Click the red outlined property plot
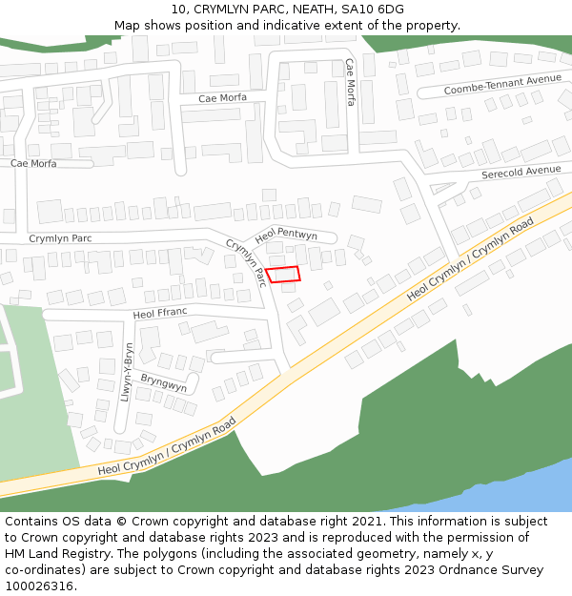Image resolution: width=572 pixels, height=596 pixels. coord(282,275)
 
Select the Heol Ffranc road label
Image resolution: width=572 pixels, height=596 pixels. coord(160,313)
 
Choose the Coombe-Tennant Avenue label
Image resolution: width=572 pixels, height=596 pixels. coord(502,85)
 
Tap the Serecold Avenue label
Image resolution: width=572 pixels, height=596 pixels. coord(521,172)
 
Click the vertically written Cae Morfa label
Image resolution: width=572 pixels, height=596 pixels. coord(350,82)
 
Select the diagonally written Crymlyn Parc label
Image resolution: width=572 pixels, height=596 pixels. coord(245,261)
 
